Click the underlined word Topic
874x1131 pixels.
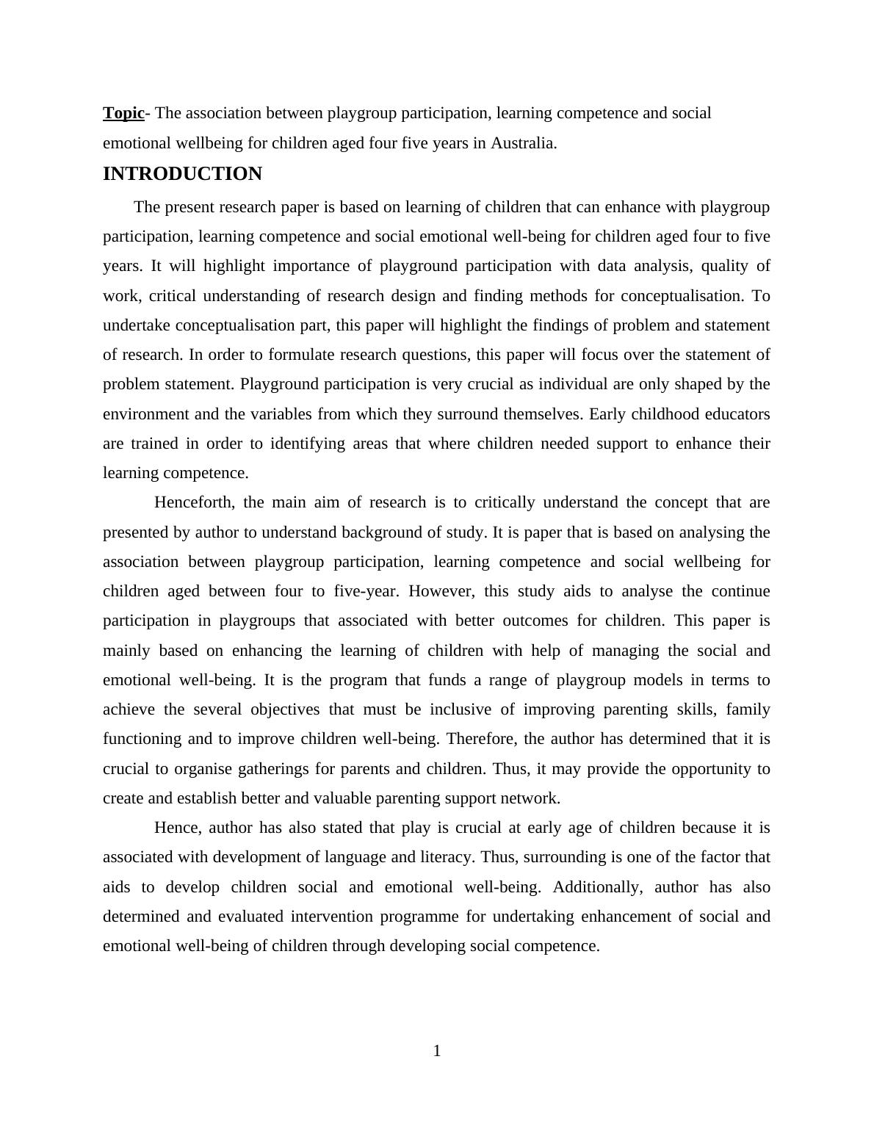click(x=123, y=113)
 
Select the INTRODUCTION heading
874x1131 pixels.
click(x=182, y=174)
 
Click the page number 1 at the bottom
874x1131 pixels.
click(x=437, y=1052)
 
